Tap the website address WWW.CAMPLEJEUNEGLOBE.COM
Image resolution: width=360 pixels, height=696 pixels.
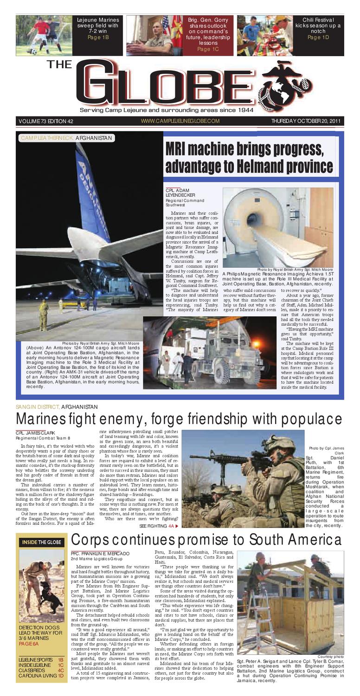180,122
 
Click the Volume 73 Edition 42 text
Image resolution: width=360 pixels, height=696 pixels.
46,122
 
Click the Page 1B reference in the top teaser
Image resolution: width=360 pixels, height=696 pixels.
98,38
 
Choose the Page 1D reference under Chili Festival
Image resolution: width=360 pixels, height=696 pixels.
318,38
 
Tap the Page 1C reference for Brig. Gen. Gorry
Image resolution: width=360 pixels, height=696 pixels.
207,49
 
